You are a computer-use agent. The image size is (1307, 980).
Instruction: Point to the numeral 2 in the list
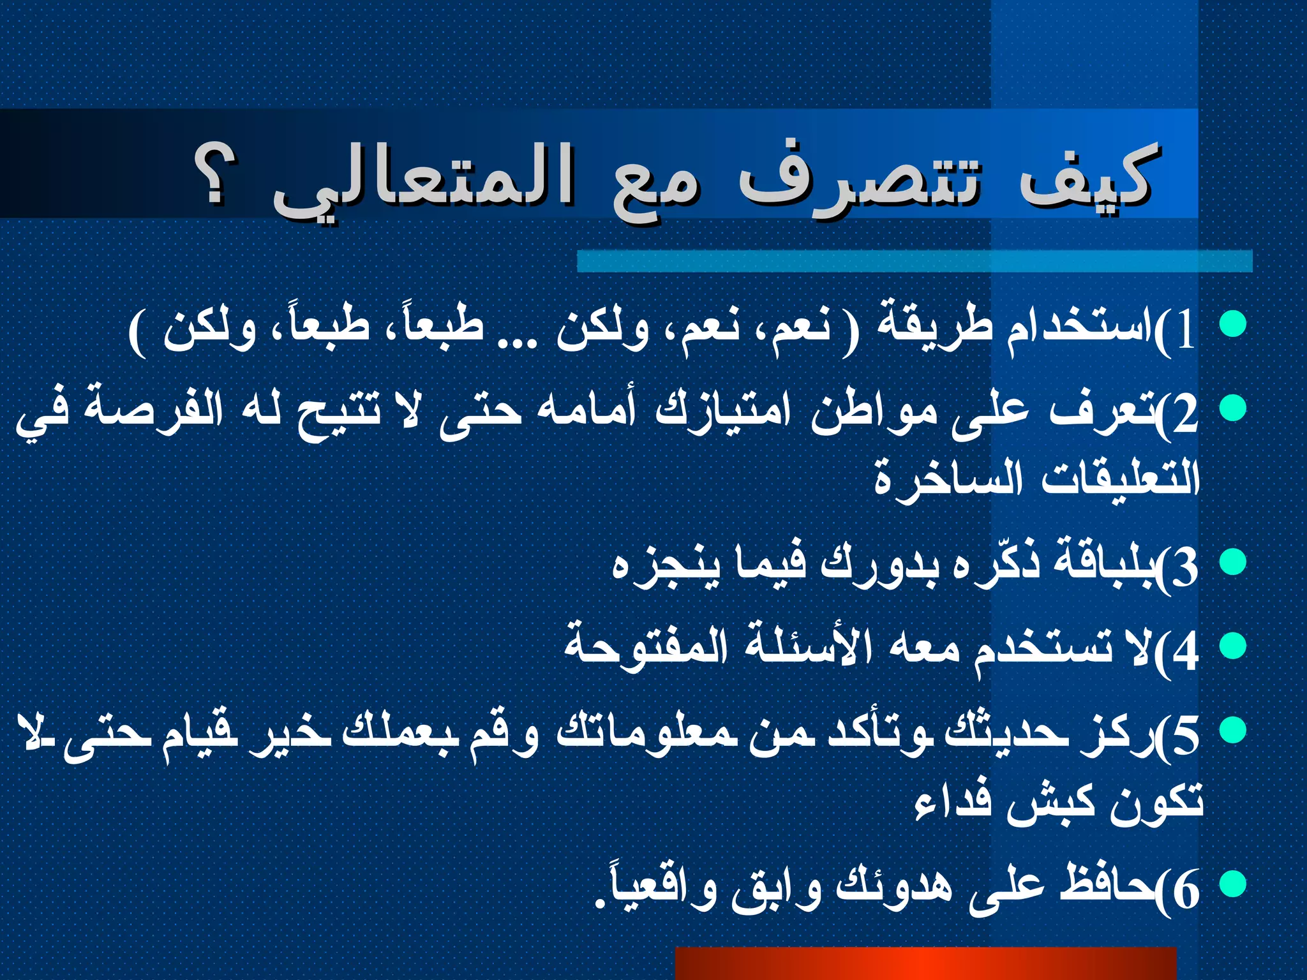pos(1186,415)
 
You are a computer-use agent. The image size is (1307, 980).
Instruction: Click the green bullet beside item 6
pos(1233,884)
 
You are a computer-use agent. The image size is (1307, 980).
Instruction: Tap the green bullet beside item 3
pos(1233,561)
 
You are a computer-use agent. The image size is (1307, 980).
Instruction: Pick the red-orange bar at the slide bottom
pos(925,963)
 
